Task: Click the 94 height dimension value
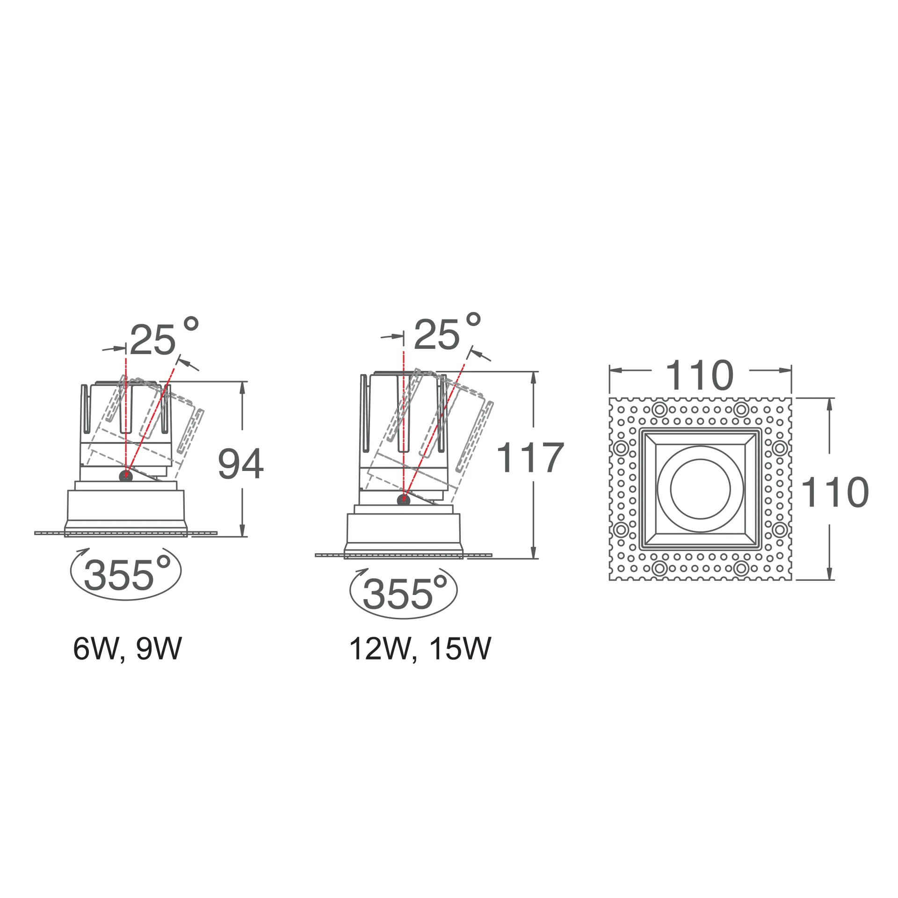241,464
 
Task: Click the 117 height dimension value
530,457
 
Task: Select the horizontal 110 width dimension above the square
700,375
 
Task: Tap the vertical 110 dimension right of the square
835,492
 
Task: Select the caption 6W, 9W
127,649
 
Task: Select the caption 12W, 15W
420,649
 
